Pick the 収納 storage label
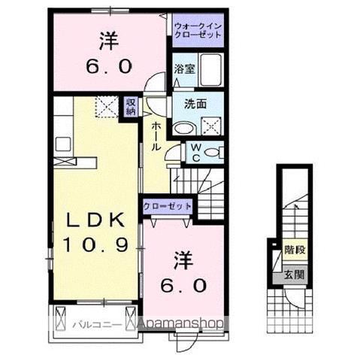pos(130,107)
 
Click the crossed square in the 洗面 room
pos(212,126)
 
